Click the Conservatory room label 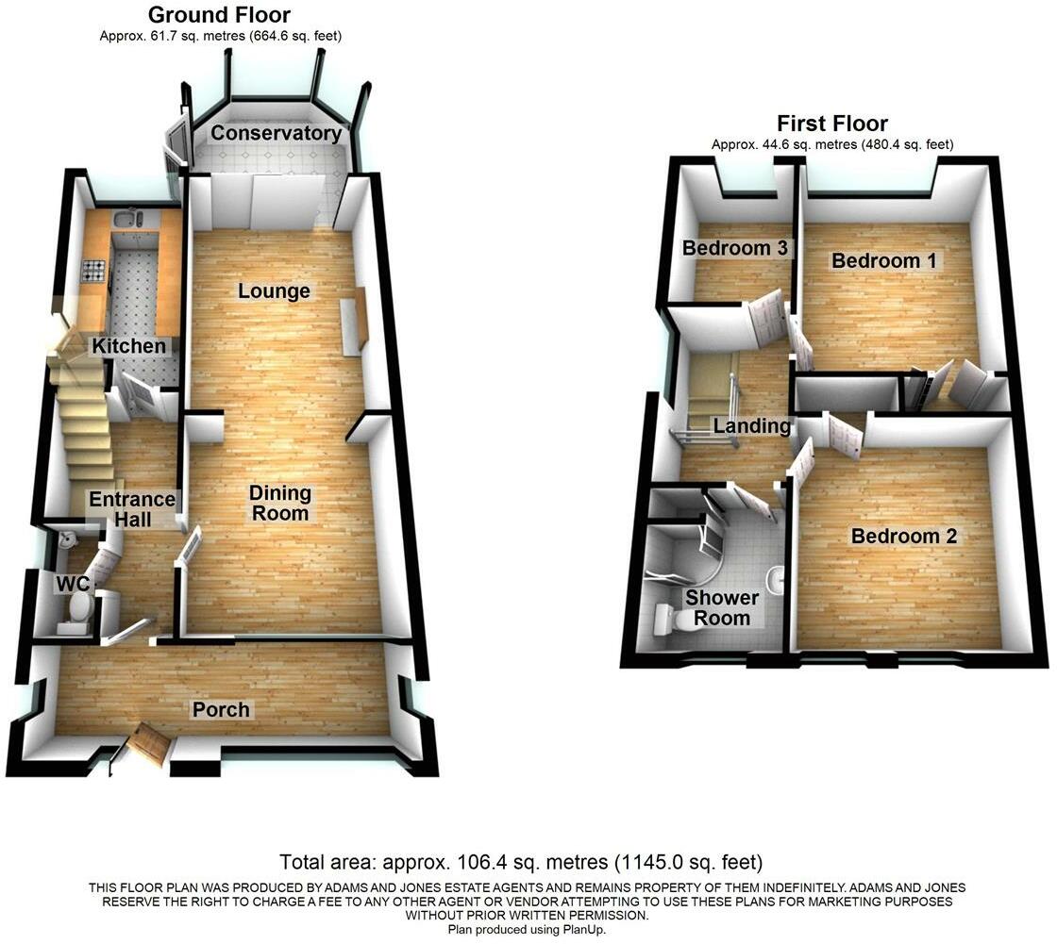point(276,133)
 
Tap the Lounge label point(274,291)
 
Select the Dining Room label point(280,503)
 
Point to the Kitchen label point(128,346)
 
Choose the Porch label point(222,709)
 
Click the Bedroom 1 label point(883,261)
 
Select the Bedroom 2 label point(904,537)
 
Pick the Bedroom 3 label point(735,249)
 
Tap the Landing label point(751,426)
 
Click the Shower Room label point(722,608)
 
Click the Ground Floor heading point(220,15)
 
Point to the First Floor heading point(831,124)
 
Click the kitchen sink point(126,221)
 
